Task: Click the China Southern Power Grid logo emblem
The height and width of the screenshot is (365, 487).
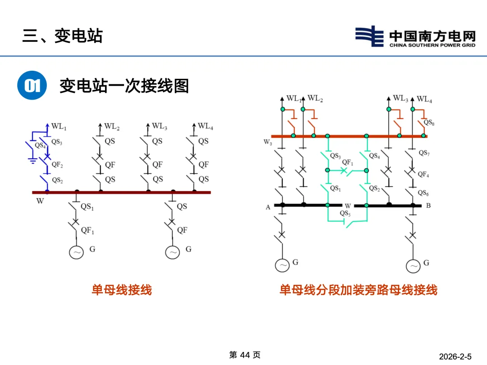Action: [x=369, y=36]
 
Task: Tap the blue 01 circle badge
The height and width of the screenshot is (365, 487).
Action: [x=32, y=85]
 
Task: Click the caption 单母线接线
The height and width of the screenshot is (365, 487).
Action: [x=122, y=290]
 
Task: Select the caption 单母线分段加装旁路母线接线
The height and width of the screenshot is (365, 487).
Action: [x=358, y=290]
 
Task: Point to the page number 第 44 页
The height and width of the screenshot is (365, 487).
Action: [x=245, y=355]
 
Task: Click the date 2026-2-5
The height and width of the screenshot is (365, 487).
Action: [x=455, y=357]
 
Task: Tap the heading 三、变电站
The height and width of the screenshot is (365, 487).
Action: [x=63, y=36]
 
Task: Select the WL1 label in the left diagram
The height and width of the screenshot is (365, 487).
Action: [x=59, y=128]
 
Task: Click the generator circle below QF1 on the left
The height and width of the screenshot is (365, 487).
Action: [x=76, y=252]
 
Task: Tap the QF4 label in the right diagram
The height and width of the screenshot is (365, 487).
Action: [x=423, y=174]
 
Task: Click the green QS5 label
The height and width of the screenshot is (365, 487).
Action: [x=345, y=213]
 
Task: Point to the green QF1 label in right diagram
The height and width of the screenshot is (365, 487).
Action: [x=348, y=162]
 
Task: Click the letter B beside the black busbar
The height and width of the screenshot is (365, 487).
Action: [x=428, y=206]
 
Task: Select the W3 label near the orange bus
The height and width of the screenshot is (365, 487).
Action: [x=268, y=142]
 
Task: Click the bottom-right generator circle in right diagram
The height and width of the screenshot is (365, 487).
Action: [x=413, y=266]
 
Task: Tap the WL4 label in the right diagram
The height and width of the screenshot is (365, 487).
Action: [x=424, y=99]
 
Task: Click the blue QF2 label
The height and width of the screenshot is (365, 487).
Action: [x=57, y=165]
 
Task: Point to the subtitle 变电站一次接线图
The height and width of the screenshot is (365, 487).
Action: [x=124, y=85]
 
